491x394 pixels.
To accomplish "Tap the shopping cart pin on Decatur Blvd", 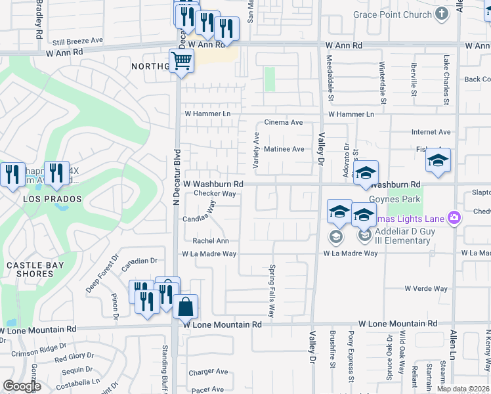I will pyautogui.click(x=181, y=62).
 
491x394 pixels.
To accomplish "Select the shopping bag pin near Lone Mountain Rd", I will pyautogui.click(x=186, y=306).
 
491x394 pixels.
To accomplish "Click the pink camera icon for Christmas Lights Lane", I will pyautogui.click(x=453, y=217).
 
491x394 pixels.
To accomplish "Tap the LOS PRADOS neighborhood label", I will pyautogui.click(x=53, y=198).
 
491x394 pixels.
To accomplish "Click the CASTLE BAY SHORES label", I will pyautogui.click(x=30, y=269).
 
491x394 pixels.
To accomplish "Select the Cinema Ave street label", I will pyautogui.click(x=283, y=123).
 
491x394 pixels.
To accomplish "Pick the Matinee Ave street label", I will pyautogui.click(x=284, y=149).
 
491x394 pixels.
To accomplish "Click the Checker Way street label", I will pyautogui.click(x=214, y=194).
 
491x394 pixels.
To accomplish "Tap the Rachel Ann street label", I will pyautogui.click(x=210, y=241).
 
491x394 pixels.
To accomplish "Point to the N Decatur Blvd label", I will pyautogui.click(x=176, y=181).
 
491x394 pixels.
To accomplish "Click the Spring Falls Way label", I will pyautogui.click(x=271, y=289).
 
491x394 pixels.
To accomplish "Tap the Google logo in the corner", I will pyautogui.click(x=22, y=385).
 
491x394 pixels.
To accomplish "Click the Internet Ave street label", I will pyautogui.click(x=431, y=132).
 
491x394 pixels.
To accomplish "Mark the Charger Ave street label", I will pyautogui.click(x=207, y=372).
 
